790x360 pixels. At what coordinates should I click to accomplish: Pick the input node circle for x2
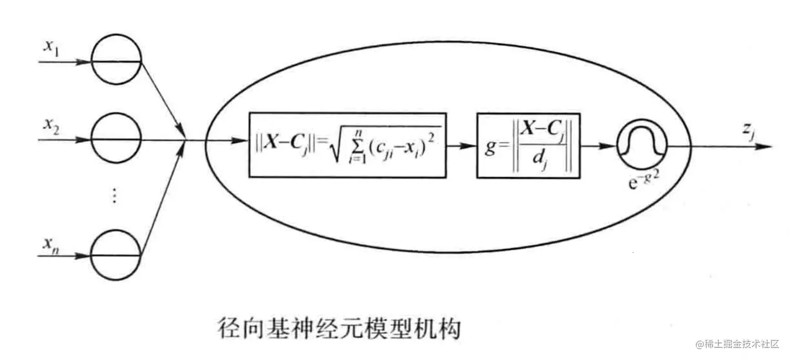(x=116, y=140)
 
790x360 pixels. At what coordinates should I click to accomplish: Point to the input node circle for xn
(x=116, y=256)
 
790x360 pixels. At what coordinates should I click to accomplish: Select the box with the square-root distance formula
(x=347, y=145)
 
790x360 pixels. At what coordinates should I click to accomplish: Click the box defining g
(x=528, y=146)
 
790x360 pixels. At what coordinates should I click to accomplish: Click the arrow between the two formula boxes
(x=461, y=146)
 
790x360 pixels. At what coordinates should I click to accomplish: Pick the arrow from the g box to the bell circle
(x=598, y=146)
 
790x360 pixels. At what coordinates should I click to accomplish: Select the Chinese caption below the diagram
(x=339, y=330)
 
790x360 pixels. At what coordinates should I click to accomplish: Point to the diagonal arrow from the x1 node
(x=162, y=98)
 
